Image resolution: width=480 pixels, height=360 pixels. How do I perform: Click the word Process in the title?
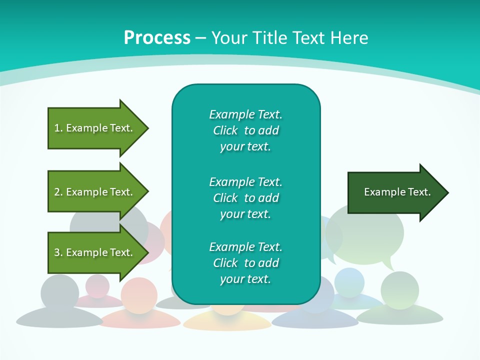[157, 38]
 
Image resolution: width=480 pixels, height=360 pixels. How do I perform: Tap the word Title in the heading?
[271, 38]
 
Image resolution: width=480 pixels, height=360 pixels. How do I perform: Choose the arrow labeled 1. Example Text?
[95, 128]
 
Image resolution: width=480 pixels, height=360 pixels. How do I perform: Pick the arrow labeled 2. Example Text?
[95, 192]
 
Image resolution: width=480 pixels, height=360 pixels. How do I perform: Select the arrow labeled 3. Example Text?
[95, 252]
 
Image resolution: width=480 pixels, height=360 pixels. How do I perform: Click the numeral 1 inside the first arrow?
[57, 128]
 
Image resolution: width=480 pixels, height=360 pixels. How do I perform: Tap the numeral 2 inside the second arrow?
[57, 192]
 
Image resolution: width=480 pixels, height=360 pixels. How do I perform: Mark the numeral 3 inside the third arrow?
[57, 252]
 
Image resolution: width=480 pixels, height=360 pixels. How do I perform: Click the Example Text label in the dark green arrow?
[397, 192]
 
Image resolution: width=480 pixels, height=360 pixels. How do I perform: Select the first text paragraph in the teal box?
[245, 130]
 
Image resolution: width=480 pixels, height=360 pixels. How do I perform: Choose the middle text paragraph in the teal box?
[245, 197]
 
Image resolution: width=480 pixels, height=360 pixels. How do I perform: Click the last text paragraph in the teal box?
[245, 263]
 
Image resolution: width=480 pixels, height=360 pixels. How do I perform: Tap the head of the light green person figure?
[399, 290]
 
